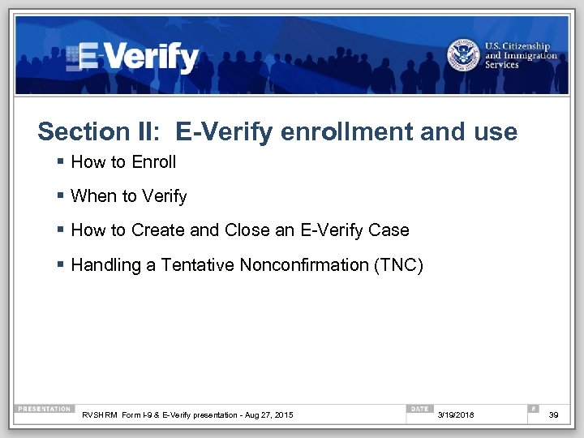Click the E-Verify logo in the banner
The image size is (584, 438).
tap(134, 57)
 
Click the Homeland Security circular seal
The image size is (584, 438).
tap(463, 56)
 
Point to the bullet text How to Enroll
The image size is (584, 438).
tap(123, 162)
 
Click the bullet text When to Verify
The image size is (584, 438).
tap(129, 196)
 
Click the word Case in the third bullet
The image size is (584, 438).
tap(389, 230)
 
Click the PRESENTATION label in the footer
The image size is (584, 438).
tap(45, 409)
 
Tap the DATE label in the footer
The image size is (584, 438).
tap(420, 409)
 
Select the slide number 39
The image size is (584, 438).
tap(554, 415)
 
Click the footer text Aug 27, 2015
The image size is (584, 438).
tap(274, 415)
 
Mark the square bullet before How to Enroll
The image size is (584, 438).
tap(62, 162)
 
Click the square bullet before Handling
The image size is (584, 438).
tap(62, 265)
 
